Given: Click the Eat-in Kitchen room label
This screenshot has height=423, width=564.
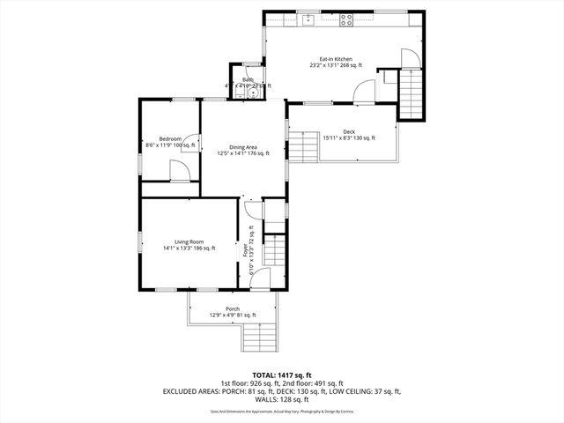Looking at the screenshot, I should coord(336,59).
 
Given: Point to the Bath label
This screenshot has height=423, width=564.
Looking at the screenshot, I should coord(248,79).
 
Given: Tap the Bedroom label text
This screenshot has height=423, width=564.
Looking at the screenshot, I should coord(170,138).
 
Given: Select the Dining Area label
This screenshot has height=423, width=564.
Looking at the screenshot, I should coord(243,146).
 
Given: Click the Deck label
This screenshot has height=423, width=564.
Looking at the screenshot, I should coord(349,131).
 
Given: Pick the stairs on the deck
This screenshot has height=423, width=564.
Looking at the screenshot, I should coord(304,146).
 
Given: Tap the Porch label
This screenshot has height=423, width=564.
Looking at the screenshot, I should coord(233,308).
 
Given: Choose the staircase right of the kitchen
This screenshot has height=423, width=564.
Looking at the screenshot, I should coord(412,94).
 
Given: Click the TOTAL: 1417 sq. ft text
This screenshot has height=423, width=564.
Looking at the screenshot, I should coord(282,375).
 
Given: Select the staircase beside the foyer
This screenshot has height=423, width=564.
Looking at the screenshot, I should coord(276,251).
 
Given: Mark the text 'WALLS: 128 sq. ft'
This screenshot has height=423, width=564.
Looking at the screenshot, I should coord(282,398).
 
